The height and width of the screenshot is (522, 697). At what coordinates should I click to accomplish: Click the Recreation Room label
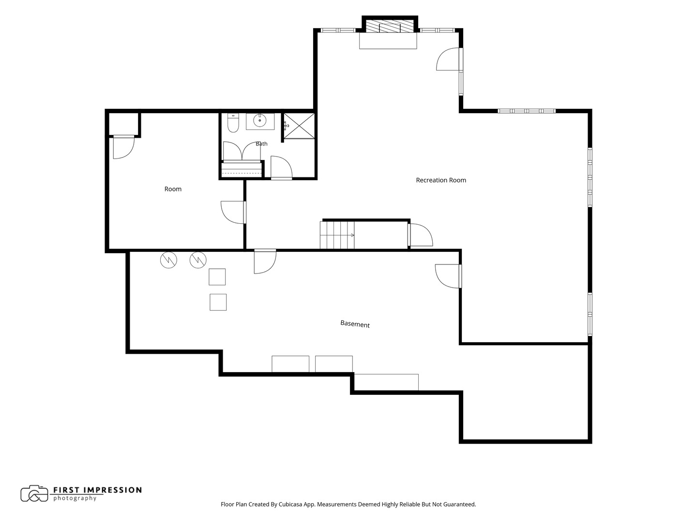tap(441, 180)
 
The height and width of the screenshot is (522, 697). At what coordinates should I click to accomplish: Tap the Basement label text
tap(355, 324)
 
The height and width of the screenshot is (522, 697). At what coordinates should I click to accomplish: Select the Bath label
tap(261, 144)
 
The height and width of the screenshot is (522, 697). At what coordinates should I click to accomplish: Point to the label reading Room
tap(173, 189)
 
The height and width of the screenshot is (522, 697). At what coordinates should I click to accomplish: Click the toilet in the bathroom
tap(233, 123)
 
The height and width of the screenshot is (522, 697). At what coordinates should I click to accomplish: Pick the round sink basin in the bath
tap(260, 120)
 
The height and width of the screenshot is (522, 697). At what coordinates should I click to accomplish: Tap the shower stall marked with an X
tap(299, 126)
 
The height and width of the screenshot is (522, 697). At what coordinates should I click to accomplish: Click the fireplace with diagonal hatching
tap(390, 26)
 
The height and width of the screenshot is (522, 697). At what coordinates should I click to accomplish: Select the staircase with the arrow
tap(337, 235)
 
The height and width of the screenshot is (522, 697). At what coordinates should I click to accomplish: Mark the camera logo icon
tap(34, 493)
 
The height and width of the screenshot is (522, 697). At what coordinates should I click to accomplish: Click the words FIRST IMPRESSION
tap(97, 490)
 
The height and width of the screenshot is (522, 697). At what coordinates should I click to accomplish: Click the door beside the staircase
tap(421, 235)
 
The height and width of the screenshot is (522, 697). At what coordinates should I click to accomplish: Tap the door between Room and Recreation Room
tap(233, 212)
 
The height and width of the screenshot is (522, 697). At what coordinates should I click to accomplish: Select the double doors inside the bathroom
tap(242, 151)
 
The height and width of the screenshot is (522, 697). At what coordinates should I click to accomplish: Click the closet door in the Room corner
tap(124, 147)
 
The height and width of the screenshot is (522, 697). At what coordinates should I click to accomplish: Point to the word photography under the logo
tap(75, 498)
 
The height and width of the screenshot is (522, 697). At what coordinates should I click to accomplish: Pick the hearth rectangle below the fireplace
tap(388, 41)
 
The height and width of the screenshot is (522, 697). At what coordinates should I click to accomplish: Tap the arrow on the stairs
tap(351, 235)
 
